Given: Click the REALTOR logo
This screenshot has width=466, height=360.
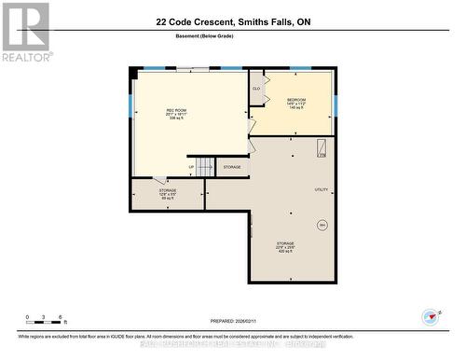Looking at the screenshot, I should tap(26, 31).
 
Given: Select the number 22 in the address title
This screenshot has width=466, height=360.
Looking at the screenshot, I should tap(162, 19).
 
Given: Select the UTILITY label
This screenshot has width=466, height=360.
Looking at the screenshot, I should tap(322, 189).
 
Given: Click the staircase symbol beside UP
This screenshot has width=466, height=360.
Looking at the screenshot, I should tap(205, 167).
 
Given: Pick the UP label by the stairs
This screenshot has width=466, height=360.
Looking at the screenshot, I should tap(192, 168).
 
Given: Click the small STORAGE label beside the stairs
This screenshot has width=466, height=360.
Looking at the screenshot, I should tap(232, 167).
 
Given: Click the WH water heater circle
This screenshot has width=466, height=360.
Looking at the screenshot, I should tap(322, 225).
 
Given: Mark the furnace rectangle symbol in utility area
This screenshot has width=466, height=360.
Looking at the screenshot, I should tap(322, 148).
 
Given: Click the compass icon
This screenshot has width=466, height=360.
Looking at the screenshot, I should tap(430, 318).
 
